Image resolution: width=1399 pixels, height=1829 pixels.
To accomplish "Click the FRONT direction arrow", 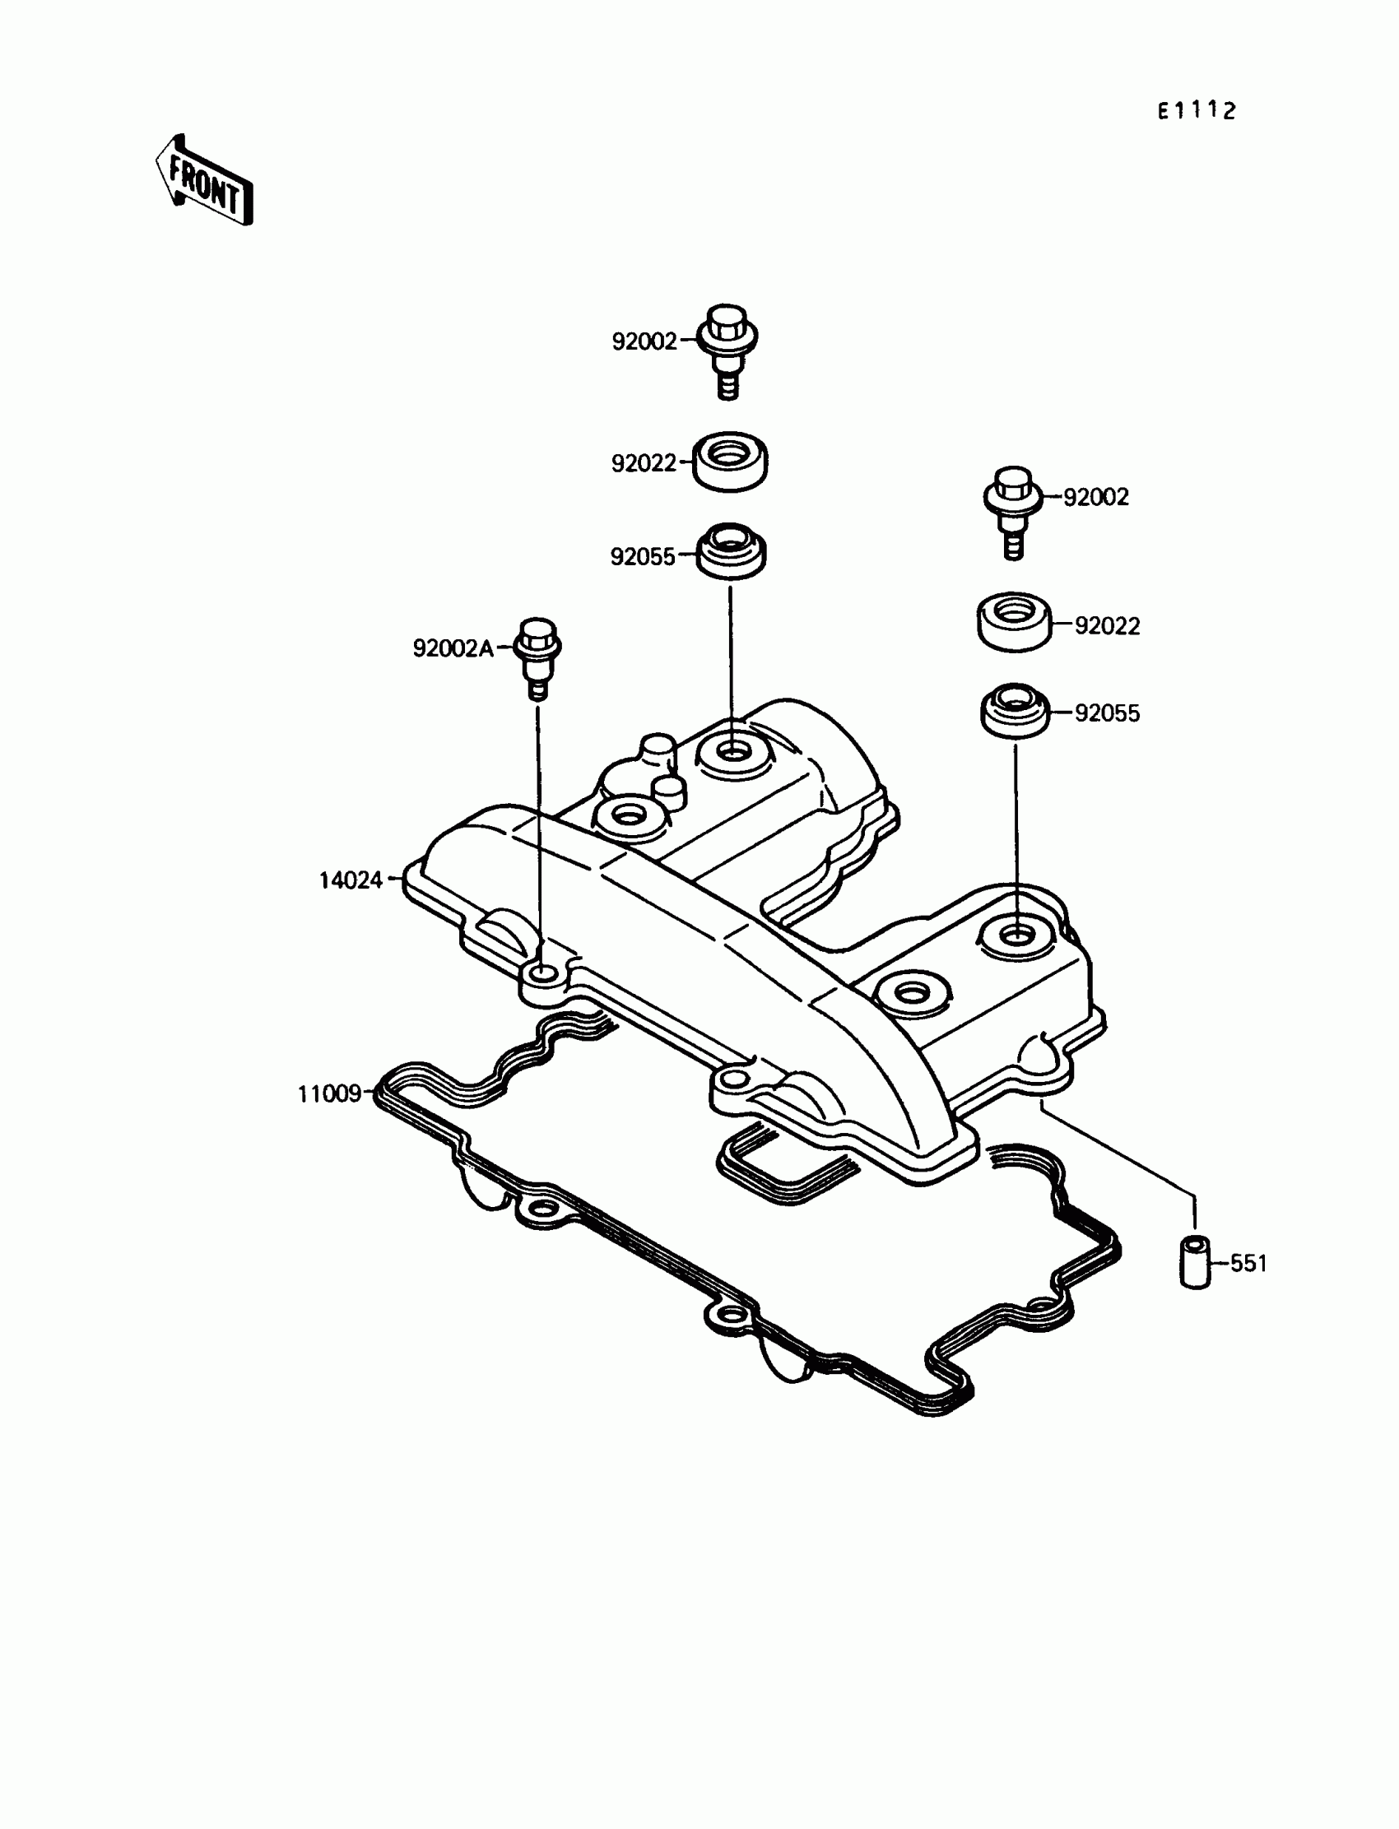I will pyautogui.click(x=205, y=182).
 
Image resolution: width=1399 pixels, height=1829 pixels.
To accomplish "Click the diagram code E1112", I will pyautogui.click(x=1196, y=111).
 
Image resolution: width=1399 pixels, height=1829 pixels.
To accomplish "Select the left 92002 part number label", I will pyautogui.click(x=644, y=341).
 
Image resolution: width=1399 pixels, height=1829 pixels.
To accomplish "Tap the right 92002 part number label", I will pyautogui.click(x=1096, y=497).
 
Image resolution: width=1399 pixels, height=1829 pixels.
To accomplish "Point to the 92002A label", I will pyautogui.click(x=453, y=648).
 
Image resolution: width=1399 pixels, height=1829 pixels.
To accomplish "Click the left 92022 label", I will pyautogui.click(x=644, y=464).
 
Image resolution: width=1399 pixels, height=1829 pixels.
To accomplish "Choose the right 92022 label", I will pyautogui.click(x=1107, y=626).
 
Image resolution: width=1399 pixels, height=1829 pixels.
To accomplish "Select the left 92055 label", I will pyautogui.click(x=643, y=557).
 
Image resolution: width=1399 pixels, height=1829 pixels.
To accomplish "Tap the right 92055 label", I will pyautogui.click(x=1107, y=713).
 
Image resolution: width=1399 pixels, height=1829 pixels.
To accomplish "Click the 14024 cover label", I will pyautogui.click(x=351, y=880).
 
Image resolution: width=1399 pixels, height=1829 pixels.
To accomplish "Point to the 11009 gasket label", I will pyautogui.click(x=330, y=1094).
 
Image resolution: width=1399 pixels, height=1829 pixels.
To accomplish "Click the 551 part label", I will pyautogui.click(x=1248, y=1264).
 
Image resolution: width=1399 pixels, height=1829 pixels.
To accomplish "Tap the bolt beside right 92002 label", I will pyautogui.click(x=1013, y=509).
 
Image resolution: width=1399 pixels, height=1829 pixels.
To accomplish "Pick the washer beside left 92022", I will pyautogui.click(x=730, y=462).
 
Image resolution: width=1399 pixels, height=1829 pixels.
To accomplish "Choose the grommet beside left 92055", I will pyautogui.click(x=730, y=550).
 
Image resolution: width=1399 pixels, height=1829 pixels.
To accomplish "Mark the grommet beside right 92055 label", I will pyautogui.click(x=1014, y=710).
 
